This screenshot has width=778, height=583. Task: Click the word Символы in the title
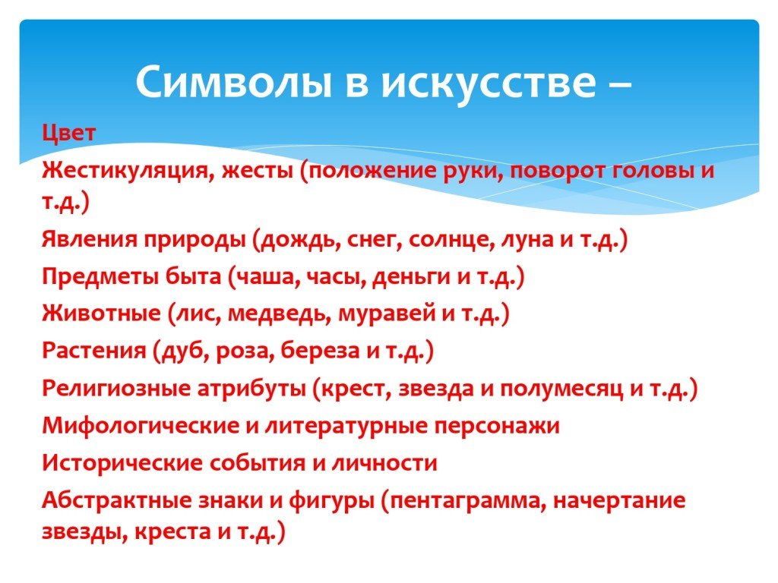234,81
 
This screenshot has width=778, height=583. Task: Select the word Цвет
68,133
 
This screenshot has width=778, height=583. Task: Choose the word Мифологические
141,426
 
